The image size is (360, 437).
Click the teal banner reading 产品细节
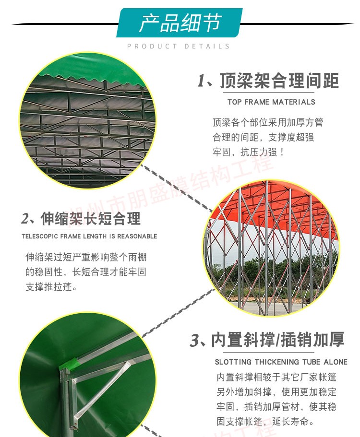click(180, 23)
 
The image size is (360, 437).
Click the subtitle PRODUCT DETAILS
click(179, 46)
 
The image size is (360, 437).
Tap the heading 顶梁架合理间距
click(279, 81)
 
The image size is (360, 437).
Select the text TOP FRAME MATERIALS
click(271, 102)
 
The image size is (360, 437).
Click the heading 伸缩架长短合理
click(91, 219)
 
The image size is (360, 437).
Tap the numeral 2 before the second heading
click(25, 219)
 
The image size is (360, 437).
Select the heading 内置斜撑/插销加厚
click(277, 340)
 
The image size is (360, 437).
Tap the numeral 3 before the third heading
click(194, 340)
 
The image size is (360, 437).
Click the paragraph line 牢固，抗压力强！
click(249, 152)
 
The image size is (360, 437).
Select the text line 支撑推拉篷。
click(51, 287)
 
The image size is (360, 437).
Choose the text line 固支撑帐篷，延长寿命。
click(265, 421)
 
